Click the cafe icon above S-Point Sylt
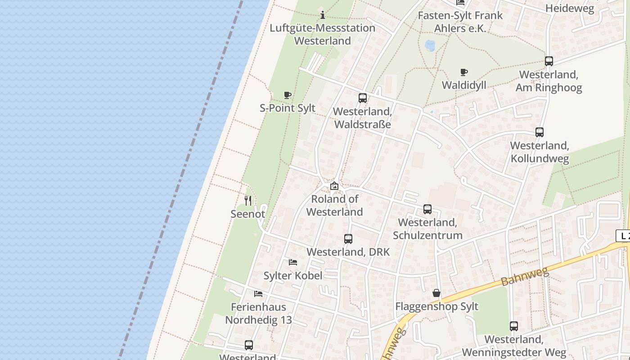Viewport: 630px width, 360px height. pyautogui.click(x=288, y=95)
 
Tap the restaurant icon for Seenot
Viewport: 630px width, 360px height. pyautogui.click(x=248, y=200)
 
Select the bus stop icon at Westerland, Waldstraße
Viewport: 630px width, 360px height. pyautogui.click(x=363, y=98)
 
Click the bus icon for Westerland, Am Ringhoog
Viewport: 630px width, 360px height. pyautogui.click(x=549, y=61)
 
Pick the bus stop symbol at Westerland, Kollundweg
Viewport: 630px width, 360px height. pyautogui.click(x=540, y=132)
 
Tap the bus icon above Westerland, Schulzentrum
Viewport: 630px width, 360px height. pyautogui.click(x=427, y=209)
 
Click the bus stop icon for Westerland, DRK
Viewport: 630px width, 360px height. pyautogui.click(x=348, y=239)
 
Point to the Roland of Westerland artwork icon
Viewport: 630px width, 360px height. pyautogui.click(x=334, y=185)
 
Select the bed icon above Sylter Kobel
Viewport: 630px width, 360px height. pyautogui.click(x=293, y=262)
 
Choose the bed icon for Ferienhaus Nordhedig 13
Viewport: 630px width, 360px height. pyautogui.click(x=258, y=294)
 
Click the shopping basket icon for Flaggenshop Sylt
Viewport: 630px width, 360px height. pyautogui.click(x=436, y=293)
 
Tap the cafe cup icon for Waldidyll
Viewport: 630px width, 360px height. pyautogui.click(x=464, y=72)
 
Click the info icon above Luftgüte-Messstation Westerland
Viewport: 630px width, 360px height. pyautogui.click(x=322, y=15)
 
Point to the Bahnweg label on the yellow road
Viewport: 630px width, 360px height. pyautogui.click(x=525, y=276)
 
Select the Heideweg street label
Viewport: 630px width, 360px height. pyautogui.click(x=569, y=8)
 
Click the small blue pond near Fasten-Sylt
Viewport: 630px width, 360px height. pyautogui.click(x=430, y=45)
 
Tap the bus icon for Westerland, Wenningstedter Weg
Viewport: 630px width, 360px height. pyautogui.click(x=514, y=326)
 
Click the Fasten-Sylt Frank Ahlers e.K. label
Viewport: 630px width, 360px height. pyautogui.click(x=460, y=22)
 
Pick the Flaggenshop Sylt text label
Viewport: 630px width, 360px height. pyautogui.click(x=436, y=306)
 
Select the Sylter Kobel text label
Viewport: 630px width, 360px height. pyautogui.click(x=293, y=275)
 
